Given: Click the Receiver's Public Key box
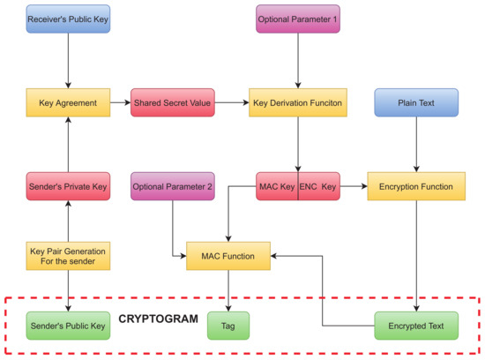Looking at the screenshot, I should point(68,19).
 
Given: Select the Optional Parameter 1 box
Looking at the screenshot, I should point(297,19).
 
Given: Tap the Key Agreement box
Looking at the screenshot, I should point(68,102).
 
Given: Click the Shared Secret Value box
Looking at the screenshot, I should point(172,102).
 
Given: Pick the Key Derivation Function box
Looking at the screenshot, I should point(297,102).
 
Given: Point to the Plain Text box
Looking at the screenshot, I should point(416,102).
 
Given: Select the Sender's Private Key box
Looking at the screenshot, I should point(68,187).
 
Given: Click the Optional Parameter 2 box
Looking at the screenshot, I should point(172,187).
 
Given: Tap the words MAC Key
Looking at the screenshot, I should point(277,187).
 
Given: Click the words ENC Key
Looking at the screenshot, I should point(318,187).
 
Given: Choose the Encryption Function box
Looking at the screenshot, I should point(416,187).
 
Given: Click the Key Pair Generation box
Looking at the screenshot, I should point(68,257).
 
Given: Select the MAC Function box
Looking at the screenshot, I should point(228,257).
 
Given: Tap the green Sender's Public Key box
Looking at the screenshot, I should point(68,326).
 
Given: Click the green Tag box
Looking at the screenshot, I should point(228,326).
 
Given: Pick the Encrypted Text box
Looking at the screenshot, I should point(416,326).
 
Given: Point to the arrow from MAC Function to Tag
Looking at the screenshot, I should point(228,289).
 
